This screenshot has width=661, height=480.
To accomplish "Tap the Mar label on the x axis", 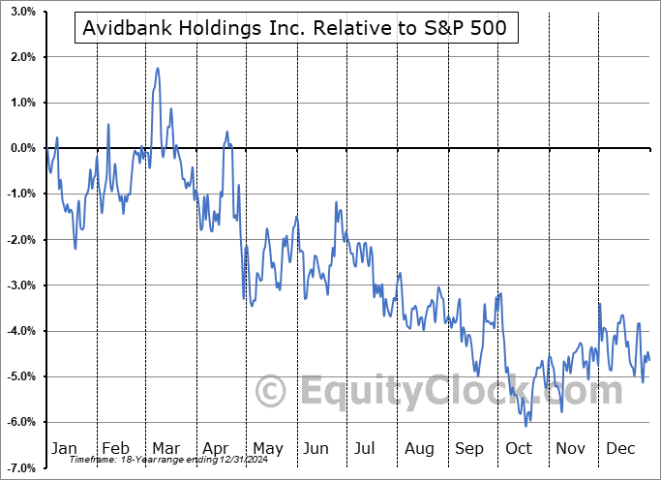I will [x=166, y=448].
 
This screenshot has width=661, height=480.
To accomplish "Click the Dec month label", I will [x=620, y=448].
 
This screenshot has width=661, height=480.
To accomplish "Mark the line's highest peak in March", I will [x=157, y=69].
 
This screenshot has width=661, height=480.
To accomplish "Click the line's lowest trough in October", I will [x=526, y=426].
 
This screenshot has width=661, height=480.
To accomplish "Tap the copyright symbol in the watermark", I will [x=270, y=390].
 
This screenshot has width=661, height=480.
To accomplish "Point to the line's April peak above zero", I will [x=226, y=132].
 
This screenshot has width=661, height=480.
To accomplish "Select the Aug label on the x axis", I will [x=418, y=448].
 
